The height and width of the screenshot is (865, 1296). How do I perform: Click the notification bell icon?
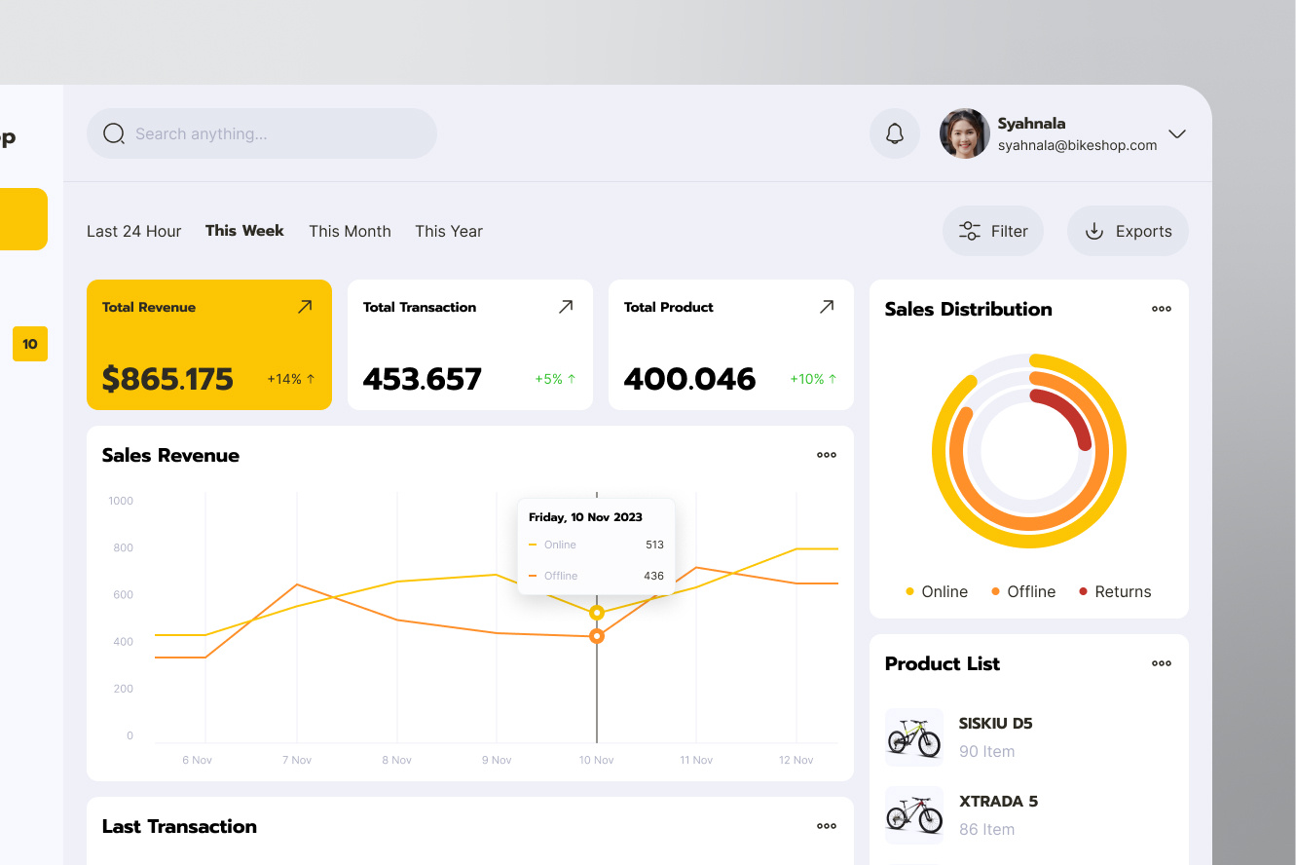pos(895,133)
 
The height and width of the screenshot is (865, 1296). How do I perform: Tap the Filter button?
pos(992,231)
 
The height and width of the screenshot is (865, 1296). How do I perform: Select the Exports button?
pos(1128,231)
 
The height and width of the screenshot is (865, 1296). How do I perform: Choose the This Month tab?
pos(350,231)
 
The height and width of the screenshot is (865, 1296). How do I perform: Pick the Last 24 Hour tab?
pos(133,231)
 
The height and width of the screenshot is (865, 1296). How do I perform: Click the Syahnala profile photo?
pos(964,133)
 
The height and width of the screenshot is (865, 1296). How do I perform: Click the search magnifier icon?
pos(114,133)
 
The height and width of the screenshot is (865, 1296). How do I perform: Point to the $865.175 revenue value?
pos(167,379)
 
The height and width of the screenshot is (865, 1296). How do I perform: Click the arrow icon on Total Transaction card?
pos(566,307)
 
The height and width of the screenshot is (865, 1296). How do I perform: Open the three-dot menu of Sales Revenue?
pos(827,455)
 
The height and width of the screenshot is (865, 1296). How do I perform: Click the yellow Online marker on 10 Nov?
pos(597,613)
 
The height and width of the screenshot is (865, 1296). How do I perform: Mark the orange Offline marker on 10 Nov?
pos(597,636)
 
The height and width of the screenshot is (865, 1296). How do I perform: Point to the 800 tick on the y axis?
pos(123,547)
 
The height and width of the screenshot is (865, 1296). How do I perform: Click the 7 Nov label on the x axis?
pos(297,760)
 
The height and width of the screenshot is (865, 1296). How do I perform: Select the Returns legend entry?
pos(1115,591)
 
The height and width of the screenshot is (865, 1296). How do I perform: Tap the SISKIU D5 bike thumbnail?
pos(914,737)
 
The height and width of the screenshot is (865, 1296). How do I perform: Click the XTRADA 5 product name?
pos(998,802)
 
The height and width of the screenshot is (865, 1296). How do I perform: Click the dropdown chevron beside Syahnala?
pos(1177,133)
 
